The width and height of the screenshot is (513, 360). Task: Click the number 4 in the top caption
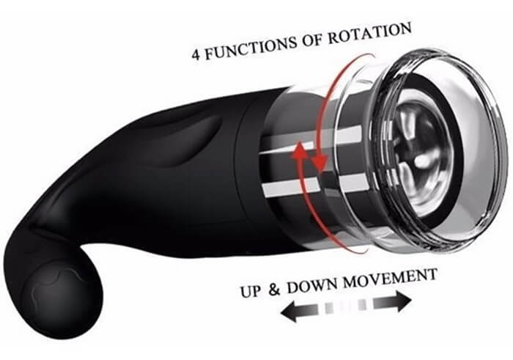(x=196, y=55)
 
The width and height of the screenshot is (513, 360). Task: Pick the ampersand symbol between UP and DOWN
(x=275, y=288)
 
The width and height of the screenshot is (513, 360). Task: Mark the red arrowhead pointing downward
(x=320, y=163)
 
